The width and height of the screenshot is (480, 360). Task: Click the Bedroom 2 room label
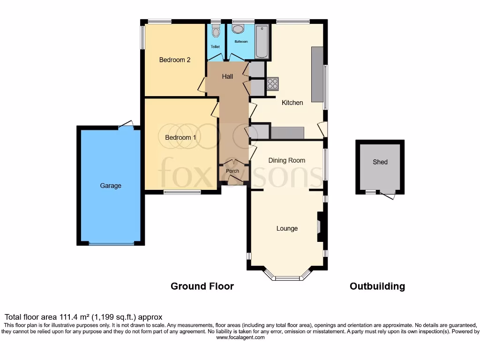174,60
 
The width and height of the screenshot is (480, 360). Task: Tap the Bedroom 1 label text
180,137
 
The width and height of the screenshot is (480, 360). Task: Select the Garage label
111,186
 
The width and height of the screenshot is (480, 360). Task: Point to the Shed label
380,162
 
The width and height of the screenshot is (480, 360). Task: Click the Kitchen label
292,102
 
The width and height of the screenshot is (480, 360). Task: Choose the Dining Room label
286,160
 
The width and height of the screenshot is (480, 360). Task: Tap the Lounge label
287,228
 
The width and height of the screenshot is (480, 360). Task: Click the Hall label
227,76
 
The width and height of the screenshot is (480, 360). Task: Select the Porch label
232,171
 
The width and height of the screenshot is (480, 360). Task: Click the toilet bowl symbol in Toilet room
216,32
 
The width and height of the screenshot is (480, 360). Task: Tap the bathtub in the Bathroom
262,41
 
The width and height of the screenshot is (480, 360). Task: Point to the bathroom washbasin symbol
238,29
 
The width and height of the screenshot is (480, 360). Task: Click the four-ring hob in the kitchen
273,84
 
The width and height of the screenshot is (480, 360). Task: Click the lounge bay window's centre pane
287,278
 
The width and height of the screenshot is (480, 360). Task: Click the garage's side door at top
127,125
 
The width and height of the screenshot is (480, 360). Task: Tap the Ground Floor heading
202,286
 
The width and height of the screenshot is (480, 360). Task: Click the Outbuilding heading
377,286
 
